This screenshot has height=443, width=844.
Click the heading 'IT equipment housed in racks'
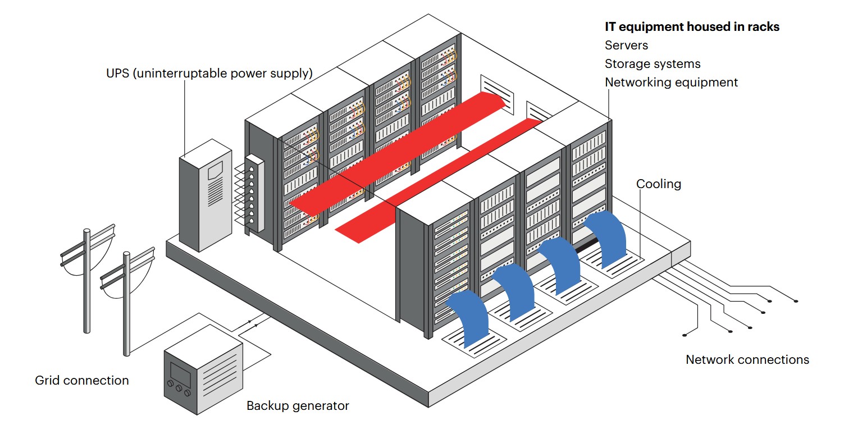pyautogui.click(x=692, y=27)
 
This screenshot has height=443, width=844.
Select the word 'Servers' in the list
pyautogui.click(x=626, y=45)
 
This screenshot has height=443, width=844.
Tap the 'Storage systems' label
pyautogui.click(x=653, y=63)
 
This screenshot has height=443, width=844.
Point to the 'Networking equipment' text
pyautogui.click(x=671, y=82)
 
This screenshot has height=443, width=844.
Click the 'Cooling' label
pyautogui.click(x=659, y=184)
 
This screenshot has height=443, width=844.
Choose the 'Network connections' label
pyautogui.click(x=747, y=359)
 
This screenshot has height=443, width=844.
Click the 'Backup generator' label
pyautogui.click(x=298, y=406)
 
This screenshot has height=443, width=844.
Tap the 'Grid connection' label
pyautogui.click(x=82, y=381)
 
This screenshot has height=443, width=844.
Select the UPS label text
pyautogui.click(x=209, y=73)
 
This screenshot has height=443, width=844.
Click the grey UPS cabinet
pyautogui.click(x=206, y=195)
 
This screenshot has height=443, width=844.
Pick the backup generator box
pyautogui.click(x=203, y=369)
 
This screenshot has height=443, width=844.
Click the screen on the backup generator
pyautogui.click(x=180, y=373)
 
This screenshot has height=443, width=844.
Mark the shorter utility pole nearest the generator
pyautogui.click(x=126, y=303)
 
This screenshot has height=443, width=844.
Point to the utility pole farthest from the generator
pyautogui.click(x=87, y=281)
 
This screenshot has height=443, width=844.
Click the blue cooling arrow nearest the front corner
pyautogui.click(x=469, y=317)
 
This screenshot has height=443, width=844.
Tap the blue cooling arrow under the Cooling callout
pyautogui.click(x=606, y=238)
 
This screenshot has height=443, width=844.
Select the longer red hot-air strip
pyautogui.click(x=398, y=158)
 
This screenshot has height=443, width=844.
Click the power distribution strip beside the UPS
pyautogui.click(x=254, y=194)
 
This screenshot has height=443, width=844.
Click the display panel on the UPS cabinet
pyautogui.click(x=215, y=170)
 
